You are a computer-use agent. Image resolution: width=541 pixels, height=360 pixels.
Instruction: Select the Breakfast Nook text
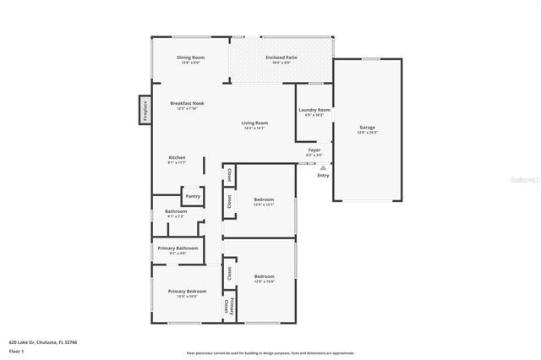(x=187, y=103)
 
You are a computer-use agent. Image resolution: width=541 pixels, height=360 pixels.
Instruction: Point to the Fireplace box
(x=145, y=110)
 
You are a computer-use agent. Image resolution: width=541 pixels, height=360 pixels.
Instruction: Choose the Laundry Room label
(x=314, y=111)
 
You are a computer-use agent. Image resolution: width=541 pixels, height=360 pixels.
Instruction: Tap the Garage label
(x=367, y=128)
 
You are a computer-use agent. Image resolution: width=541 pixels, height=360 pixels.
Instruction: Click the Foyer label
(x=314, y=150)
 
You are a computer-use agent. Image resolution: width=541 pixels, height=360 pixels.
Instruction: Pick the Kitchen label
(x=177, y=158)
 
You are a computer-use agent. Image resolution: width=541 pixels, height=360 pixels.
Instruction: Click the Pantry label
(x=193, y=196)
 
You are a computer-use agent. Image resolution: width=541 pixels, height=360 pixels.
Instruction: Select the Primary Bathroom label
(x=178, y=248)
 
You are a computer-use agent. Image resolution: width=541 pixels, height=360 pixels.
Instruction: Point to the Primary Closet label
(x=227, y=306)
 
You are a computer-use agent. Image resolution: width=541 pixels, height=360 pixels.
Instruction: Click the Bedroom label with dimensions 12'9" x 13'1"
(x=264, y=199)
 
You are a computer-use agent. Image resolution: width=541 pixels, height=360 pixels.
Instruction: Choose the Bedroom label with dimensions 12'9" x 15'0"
(x=264, y=276)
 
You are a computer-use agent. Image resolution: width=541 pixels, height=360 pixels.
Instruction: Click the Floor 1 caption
(x=16, y=350)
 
